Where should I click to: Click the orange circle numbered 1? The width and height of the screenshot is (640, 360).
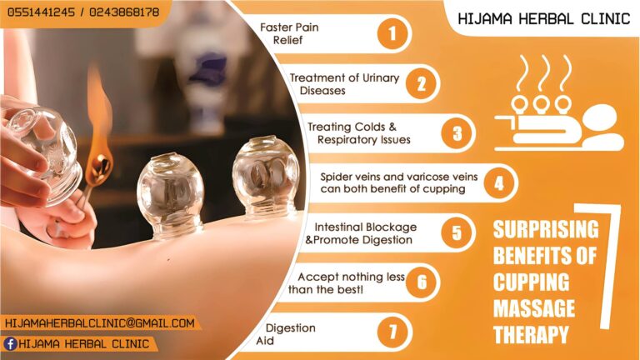tap(392, 34)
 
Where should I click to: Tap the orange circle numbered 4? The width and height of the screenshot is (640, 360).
tap(499, 183)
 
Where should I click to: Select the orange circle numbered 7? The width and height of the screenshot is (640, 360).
tap(392, 332)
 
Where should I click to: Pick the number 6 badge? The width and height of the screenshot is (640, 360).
tap(422, 282)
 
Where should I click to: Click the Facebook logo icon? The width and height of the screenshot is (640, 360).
tap(10, 343)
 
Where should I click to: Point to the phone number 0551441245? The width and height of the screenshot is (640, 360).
tap(41, 12)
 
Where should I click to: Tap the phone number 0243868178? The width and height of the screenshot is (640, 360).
tap(124, 12)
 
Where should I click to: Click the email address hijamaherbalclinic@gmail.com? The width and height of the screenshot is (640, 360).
tap(100, 323)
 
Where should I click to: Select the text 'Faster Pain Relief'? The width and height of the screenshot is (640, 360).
tap(289, 34)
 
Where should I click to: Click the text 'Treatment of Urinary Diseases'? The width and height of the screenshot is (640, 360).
tap(344, 84)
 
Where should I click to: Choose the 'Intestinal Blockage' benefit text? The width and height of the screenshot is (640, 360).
tap(365, 227)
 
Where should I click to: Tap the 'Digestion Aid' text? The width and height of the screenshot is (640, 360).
tap(286, 334)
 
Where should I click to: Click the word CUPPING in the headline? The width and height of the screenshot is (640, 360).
tap(531, 282)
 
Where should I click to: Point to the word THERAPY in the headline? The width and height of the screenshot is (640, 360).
tap(531, 335)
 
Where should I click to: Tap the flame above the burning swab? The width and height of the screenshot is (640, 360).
tap(99, 118)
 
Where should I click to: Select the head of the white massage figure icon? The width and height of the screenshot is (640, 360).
tap(601, 117)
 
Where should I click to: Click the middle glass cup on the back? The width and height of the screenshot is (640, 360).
tap(171, 196)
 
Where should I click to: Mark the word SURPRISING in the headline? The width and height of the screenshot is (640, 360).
tap(546, 229)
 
